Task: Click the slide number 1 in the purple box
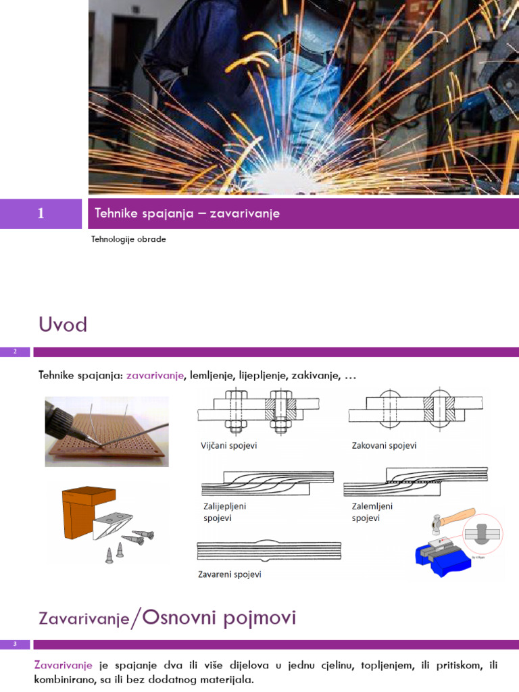coord(41,214)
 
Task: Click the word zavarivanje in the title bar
coord(245,214)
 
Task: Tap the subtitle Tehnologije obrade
coord(128,239)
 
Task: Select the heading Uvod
coord(63,324)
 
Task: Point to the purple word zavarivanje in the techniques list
coord(155,376)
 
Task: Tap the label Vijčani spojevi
coord(228,445)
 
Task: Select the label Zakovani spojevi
coord(384,445)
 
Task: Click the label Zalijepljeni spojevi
coord(224,512)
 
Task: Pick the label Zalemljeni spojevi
coord(372,512)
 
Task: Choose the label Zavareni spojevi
coord(230,574)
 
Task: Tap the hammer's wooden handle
coord(458,517)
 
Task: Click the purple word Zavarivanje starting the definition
coord(63,665)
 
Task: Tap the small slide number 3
coord(15,644)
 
